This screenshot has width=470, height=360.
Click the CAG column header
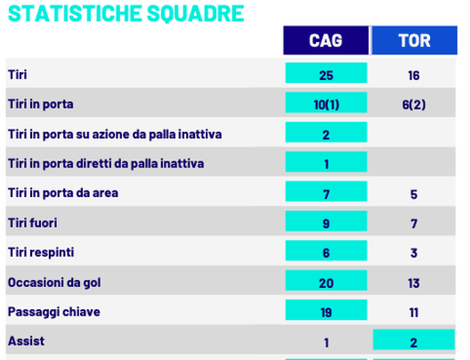pos(326,40)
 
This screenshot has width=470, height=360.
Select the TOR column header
pos(414,40)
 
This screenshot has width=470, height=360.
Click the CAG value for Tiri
pos(326,76)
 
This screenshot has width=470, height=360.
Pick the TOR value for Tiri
pos(414,76)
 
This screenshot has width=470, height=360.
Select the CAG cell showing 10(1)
pos(326,105)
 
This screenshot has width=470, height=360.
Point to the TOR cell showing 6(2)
pos(414,105)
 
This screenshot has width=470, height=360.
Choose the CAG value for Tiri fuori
pos(326,223)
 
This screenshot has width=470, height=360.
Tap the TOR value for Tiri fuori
pos(414,223)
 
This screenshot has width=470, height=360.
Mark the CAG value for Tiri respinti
pos(326,253)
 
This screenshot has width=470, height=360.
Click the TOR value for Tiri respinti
pos(414,253)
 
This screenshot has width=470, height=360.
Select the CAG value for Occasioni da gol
pos(326,282)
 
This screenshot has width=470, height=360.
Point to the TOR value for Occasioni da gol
pos(414,282)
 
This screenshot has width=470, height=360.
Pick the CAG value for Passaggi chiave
pos(326,312)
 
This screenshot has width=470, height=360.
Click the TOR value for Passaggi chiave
pos(414,312)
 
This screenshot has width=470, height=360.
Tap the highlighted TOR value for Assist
pos(414,341)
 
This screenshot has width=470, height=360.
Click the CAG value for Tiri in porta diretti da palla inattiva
pos(326,164)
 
